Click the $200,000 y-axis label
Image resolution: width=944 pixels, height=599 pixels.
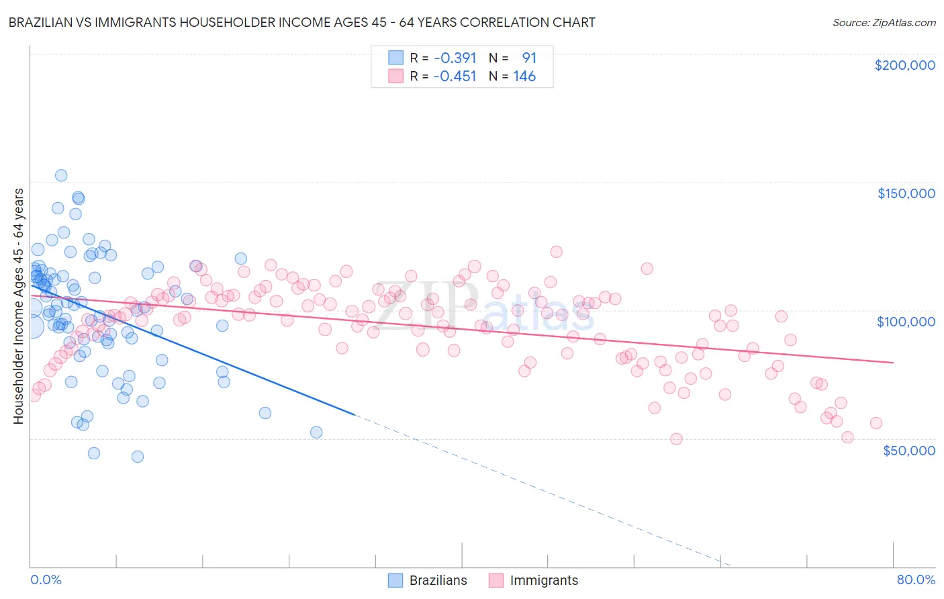tap(904, 65)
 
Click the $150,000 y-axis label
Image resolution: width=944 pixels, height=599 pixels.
tap(906, 193)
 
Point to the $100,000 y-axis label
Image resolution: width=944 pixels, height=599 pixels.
tap(906, 322)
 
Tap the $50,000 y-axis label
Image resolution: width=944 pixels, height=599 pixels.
tap(908, 450)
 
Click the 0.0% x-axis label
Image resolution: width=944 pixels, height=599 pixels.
tap(46, 580)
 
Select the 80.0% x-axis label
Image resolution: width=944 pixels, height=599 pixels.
tap(916, 580)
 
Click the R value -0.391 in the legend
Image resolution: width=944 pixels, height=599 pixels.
tap(455, 58)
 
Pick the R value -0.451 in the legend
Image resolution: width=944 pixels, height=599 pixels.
tap(455, 77)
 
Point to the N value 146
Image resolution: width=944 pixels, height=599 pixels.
tap(524, 77)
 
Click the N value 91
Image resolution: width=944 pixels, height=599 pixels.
tap(529, 58)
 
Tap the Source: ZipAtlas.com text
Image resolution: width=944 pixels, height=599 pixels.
tap(884, 22)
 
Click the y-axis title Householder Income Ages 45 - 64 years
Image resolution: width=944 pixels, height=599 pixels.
tap(18, 306)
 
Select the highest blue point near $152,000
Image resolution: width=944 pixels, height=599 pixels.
tap(61, 175)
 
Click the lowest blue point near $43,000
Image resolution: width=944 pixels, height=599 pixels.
tap(138, 457)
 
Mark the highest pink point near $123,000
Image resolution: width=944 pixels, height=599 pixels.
tap(556, 252)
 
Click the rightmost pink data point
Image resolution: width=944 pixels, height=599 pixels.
tap(876, 423)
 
